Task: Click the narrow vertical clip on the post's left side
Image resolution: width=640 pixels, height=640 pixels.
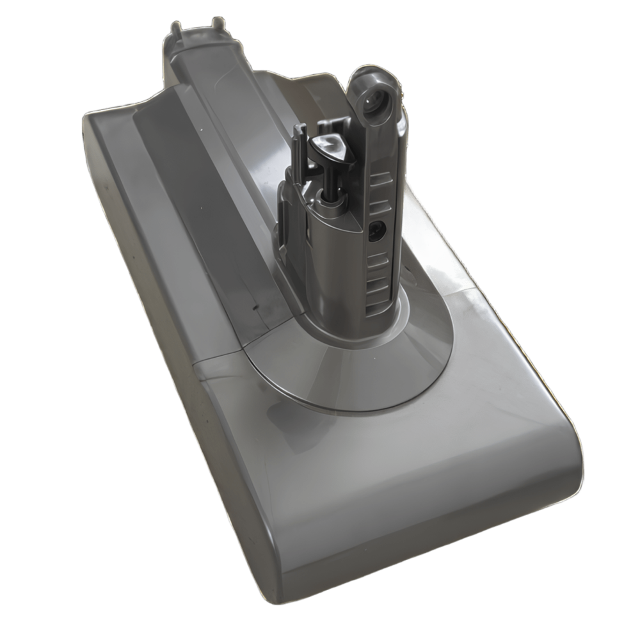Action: click(x=282, y=211)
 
